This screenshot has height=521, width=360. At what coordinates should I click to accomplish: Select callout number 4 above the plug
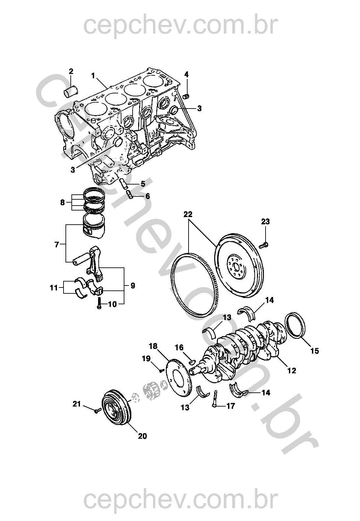186,74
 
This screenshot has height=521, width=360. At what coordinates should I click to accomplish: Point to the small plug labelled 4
187,96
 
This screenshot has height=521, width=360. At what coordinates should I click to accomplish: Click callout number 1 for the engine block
93,76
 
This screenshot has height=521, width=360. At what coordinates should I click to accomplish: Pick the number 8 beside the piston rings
63,203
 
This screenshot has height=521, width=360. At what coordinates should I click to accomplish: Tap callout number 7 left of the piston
57,244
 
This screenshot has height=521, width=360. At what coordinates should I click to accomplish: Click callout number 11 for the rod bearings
54,288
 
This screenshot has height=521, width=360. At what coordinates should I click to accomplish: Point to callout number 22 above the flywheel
188,214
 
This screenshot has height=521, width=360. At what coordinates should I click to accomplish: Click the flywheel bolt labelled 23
264,244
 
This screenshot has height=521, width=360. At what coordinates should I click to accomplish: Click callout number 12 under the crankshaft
292,371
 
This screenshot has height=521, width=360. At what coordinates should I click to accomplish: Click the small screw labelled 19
161,370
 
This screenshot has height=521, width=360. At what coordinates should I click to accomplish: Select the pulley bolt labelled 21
96,411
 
